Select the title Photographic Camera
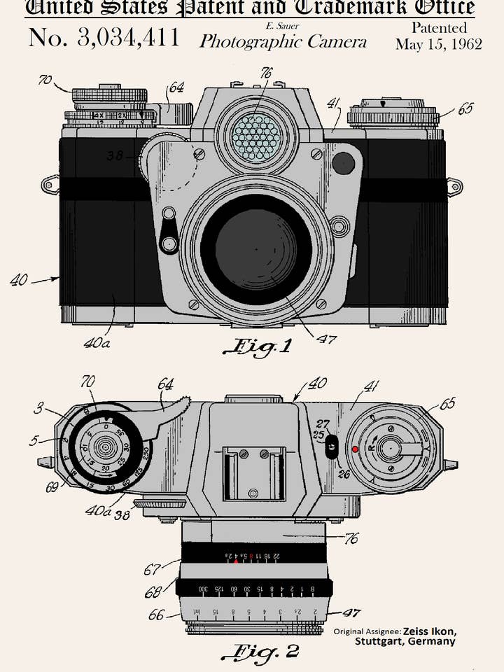click(x=283, y=41)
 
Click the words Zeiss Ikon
click(x=429, y=631)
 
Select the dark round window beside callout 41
click(x=343, y=163)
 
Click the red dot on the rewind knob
click(x=356, y=449)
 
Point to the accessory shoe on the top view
click(x=254, y=472)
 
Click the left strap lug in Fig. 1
click(x=50, y=185)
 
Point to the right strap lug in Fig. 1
click(x=454, y=187)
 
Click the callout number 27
click(x=322, y=423)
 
